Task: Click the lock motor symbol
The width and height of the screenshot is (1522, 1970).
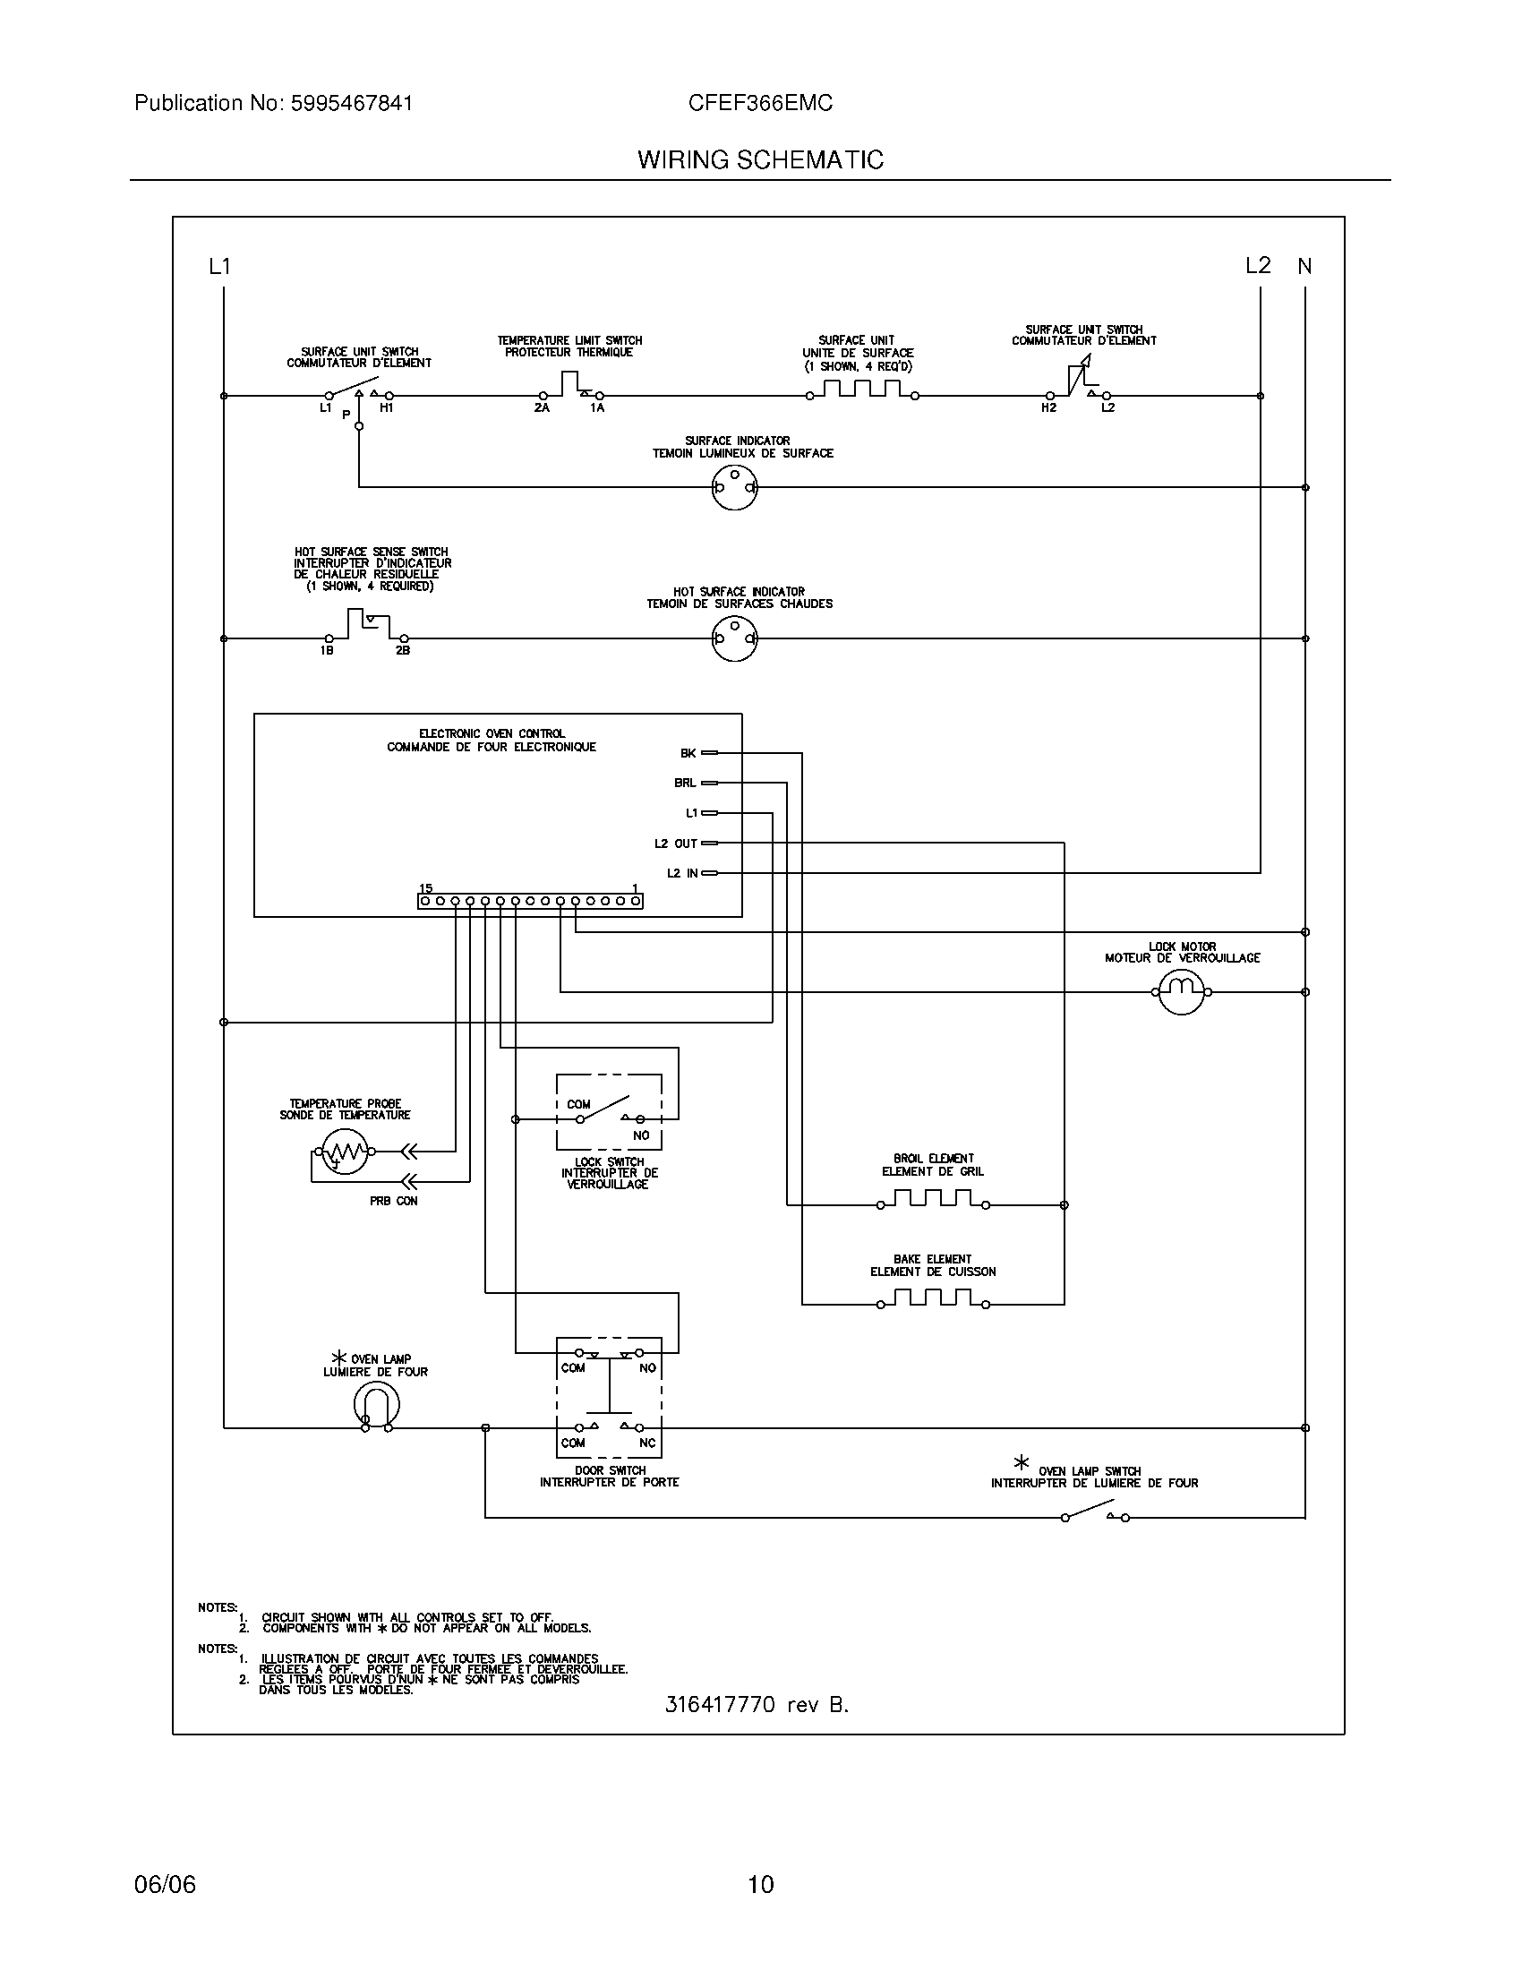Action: coord(1181,992)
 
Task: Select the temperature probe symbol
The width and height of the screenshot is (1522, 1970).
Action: coord(343,1152)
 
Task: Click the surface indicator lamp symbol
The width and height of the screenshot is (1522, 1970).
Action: coord(735,488)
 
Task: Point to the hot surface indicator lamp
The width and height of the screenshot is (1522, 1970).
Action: coord(735,638)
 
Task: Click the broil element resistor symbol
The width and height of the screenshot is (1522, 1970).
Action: coord(932,1200)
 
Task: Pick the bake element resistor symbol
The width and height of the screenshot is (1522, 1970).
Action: coord(932,1300)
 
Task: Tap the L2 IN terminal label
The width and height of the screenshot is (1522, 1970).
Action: coord(682,873)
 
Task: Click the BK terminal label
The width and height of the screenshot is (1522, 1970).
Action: coord(688,752)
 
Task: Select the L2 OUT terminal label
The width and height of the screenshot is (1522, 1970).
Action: coord(676,844)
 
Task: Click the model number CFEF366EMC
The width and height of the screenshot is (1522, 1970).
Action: coord(760,104)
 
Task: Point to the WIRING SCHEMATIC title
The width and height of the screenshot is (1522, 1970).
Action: coord(760,160)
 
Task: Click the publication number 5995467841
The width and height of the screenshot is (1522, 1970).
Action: coord(351,104)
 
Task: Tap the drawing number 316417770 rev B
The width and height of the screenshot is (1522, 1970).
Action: coord(757,1705)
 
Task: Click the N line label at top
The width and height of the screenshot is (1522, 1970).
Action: coord(1304,266)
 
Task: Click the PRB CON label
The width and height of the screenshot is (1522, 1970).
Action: coord(394,1202)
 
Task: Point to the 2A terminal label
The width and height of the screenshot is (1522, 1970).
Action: coord(541,408)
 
